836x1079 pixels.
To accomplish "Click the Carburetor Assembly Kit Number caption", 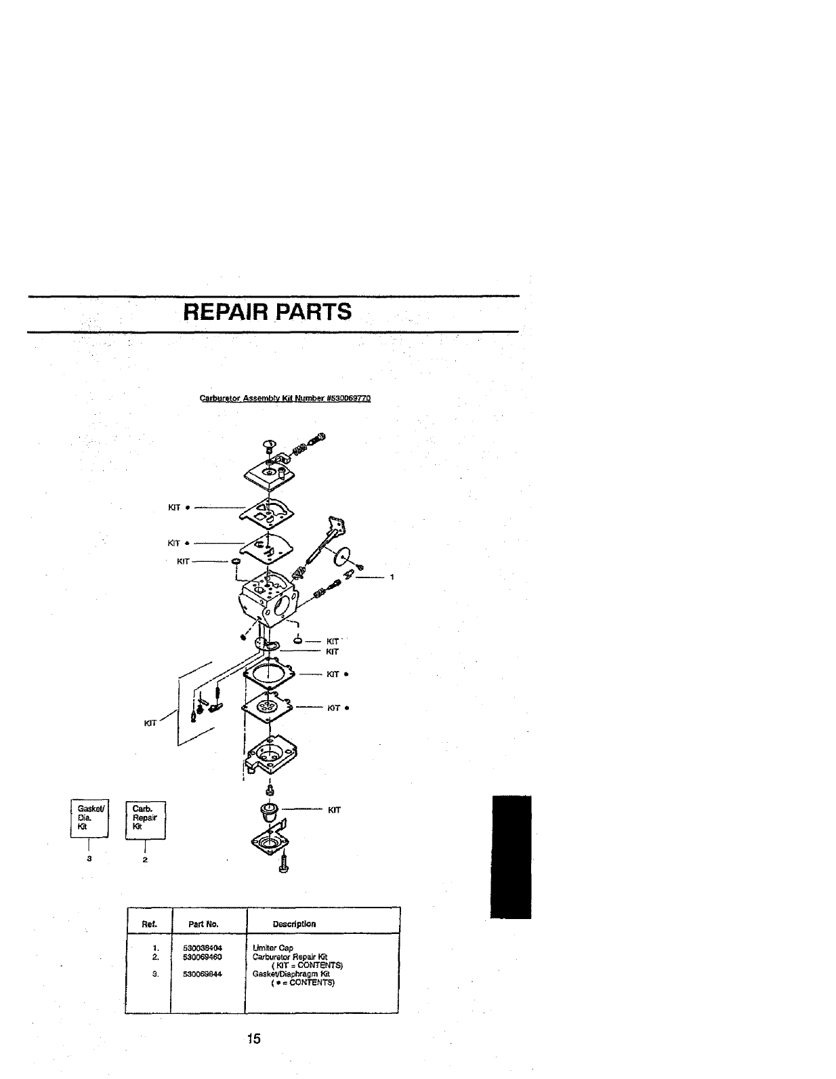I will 285,399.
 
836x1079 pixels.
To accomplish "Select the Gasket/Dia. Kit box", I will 85,819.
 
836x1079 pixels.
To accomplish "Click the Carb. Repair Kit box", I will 146,819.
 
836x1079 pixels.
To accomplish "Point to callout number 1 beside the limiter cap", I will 391,577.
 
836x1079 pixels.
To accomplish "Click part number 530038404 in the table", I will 203,948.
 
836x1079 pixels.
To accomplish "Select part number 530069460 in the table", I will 203,957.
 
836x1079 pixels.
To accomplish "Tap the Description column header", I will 294,924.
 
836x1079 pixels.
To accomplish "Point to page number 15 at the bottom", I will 253,1039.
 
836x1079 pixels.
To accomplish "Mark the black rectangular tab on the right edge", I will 511,857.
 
